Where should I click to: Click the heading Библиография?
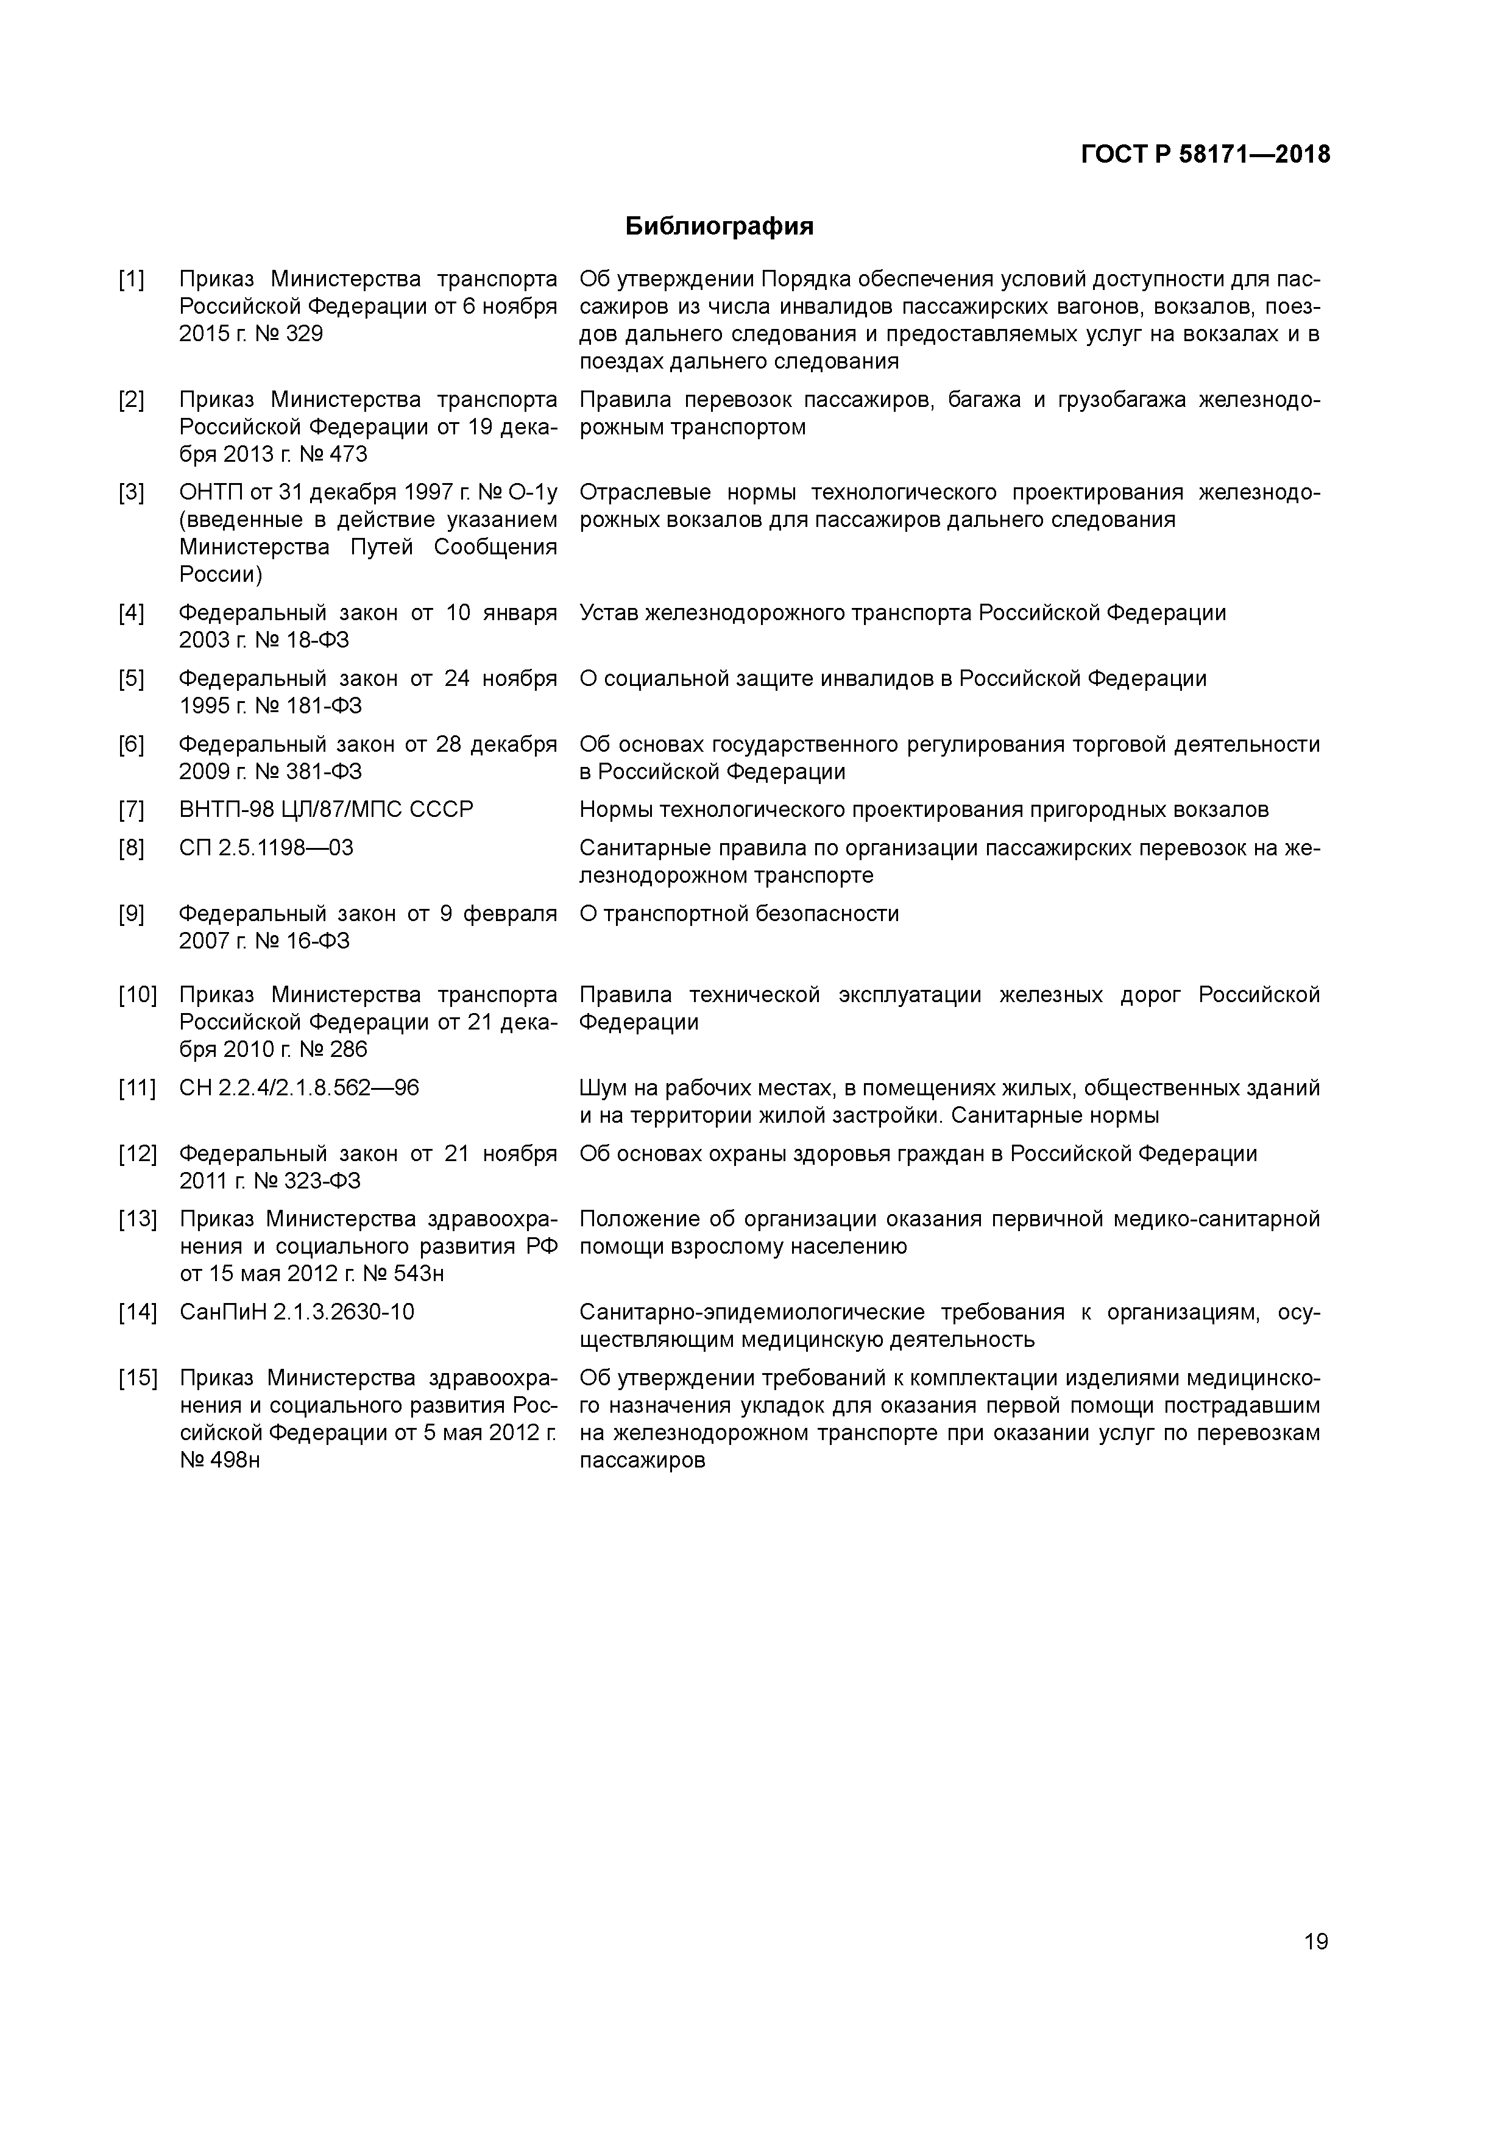click(719, 226)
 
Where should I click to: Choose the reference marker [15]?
click(137, 1377)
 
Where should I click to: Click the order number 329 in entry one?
click(305, 334)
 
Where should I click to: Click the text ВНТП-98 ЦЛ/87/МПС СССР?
click(326, 810)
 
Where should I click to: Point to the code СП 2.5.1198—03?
click(266, 848)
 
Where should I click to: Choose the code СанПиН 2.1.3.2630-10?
click(297, 1312)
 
